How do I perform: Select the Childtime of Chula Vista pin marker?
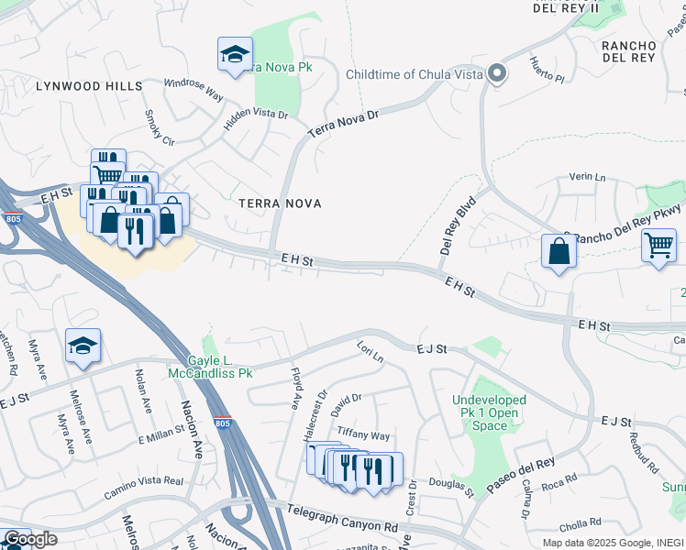[497, 74]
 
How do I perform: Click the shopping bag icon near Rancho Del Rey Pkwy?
[559, 251]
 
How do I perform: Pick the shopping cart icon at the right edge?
[658, 246]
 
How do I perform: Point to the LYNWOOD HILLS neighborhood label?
[89, 86]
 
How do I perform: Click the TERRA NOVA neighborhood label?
[280, 203]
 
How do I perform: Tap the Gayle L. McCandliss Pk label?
[210, 367]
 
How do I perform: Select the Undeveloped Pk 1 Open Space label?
[490, 412]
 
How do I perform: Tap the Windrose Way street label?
[194, 88]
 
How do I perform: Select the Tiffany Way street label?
[363, 434]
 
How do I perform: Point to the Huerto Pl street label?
[547, 70]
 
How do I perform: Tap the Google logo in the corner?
[30, 539]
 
